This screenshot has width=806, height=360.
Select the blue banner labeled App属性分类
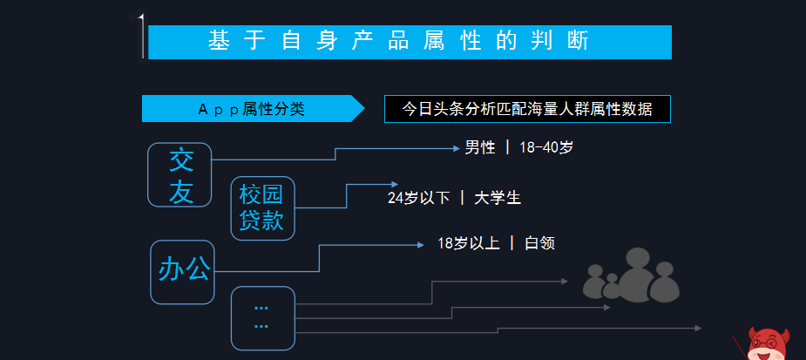(x=251, y=109)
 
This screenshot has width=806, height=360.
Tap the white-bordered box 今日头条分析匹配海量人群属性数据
(x=527, y=109)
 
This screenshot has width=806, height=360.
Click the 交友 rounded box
(x=180, y=175)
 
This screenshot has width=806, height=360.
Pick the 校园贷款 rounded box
(x=262, y=207)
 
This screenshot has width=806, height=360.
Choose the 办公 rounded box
(x=183, y=271)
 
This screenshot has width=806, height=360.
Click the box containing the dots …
(x=262, y=316)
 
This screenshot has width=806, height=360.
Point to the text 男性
(x=479, y=147)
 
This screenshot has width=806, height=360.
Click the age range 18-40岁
(x=546, y=147)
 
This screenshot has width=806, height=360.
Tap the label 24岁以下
(x=418, y=198)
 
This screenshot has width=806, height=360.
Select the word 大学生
(x=498, y=198)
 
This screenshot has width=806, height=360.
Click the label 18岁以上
(x=469, y=243)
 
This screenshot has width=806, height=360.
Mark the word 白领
(x=539, y=243)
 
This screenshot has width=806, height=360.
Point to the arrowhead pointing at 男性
(x=456, y=148)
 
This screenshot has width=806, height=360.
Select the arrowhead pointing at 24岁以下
(x=380, y=185)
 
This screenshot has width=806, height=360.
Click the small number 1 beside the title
(x=140, y=18)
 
